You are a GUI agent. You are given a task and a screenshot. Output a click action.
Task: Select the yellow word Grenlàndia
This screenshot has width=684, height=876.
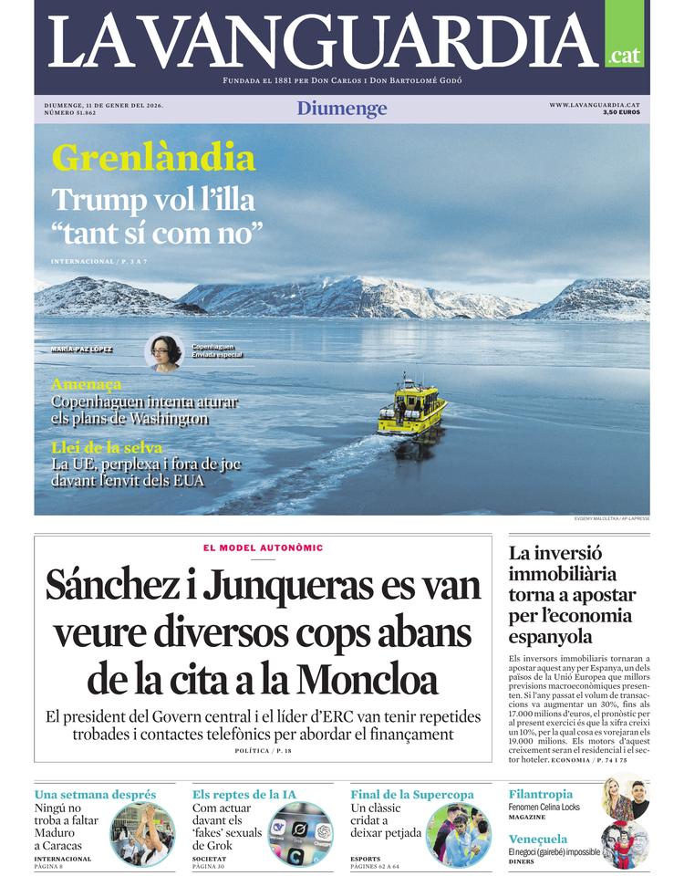pos(153,158)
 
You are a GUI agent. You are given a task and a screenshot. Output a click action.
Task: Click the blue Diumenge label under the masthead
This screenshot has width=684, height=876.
pos(342,109)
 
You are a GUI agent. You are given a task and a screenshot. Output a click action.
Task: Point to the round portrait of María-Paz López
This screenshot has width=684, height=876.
pos(164,352)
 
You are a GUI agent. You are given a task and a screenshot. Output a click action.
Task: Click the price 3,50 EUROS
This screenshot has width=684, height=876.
pos(621,113)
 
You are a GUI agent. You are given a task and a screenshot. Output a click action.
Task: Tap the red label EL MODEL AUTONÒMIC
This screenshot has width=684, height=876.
pos(264,547)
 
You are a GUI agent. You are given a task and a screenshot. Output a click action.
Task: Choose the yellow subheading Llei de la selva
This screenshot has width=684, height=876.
pos(108,447)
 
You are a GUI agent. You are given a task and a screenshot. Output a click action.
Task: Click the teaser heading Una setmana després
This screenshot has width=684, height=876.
pos(95,795)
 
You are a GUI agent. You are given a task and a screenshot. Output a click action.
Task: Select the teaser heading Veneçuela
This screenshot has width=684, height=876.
pos(538,839)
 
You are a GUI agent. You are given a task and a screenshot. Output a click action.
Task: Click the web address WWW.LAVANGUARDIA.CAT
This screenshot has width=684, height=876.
pos(594,105)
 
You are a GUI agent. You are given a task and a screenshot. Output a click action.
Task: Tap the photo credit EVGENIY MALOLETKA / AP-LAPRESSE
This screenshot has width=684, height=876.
pos(612,519)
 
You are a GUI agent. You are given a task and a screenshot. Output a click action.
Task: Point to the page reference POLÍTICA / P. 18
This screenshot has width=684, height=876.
pos(264,750)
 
